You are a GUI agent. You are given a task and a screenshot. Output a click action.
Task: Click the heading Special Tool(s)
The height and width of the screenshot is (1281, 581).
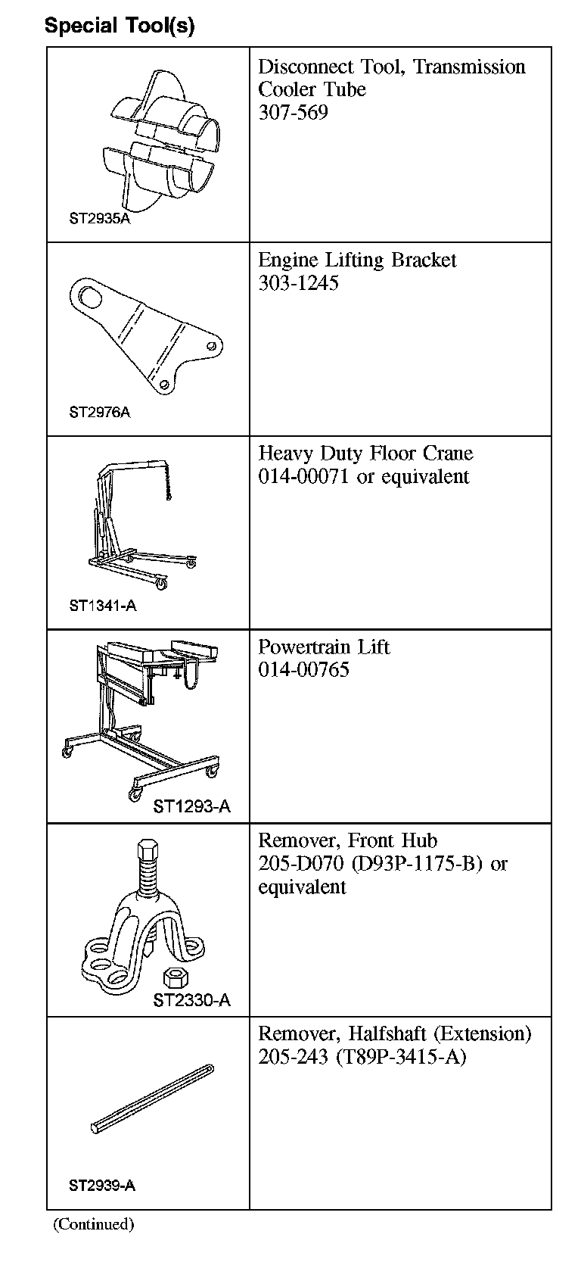click(x=120, y=26)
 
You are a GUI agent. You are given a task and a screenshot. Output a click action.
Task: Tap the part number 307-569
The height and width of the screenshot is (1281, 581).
click(x=293, y=113)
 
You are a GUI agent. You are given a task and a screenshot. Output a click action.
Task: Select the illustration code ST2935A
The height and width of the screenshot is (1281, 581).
click(x=99, y=219)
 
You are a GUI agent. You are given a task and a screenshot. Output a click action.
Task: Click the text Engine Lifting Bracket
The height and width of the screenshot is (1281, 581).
click(x=357, y=260)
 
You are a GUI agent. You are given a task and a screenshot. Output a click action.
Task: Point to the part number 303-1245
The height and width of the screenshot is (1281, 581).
click(x=298, y=283)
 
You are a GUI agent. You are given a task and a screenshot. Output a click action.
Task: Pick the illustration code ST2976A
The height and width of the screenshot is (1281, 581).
click(x=99, y=413)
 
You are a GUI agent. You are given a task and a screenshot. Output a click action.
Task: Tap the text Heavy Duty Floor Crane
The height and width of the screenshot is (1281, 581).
click(x=365, y=453)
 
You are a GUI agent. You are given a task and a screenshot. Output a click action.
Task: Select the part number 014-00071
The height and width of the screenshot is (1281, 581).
click(x=303, y=477)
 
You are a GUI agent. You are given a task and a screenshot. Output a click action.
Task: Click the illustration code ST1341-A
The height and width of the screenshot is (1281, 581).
click(x=102, y=606)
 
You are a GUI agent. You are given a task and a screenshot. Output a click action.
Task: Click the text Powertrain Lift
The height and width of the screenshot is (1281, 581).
click(x=324, y=647)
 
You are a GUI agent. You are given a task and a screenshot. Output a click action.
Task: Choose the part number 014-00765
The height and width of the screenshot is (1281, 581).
click(x=303, y=670)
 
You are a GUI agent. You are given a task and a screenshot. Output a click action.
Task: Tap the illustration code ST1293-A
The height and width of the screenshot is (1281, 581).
click(x=191, y=807)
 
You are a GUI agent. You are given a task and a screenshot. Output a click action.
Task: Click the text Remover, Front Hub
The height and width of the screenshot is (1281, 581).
click(x=347, y=840)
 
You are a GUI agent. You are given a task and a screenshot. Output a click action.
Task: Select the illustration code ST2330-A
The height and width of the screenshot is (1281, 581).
click(x=191, y=1001)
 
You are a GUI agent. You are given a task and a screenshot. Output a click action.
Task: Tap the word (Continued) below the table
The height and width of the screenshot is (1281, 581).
click(x=93, y=1224)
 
